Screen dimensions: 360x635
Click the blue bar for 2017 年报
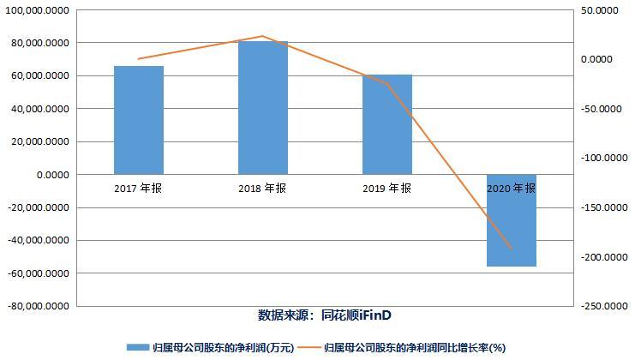tap(139, 120)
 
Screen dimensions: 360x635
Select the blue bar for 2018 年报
tap(263, 107)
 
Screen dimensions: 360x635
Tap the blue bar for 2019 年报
tap(387, 124)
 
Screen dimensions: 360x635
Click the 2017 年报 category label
tap(139, 189)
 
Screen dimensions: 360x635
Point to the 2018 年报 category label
tap(263, 189)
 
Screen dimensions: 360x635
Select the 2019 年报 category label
tap(387, 189)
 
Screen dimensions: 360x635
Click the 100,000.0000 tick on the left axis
tap(39, 10)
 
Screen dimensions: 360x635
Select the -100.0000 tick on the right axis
tap(596, 159)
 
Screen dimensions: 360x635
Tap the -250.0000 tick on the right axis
tap(596, 306)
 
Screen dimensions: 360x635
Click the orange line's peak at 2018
tap(262, 36)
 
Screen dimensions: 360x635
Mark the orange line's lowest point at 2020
tap(512, 249)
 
